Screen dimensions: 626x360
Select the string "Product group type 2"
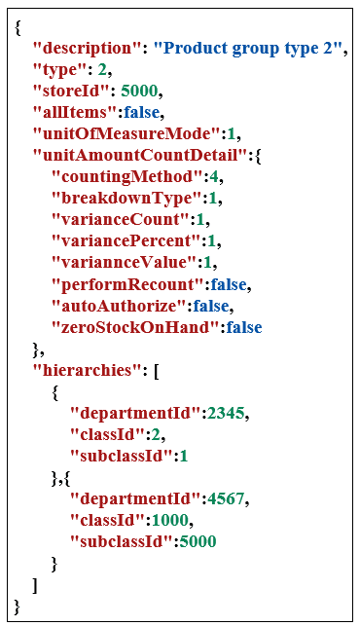[x=250, y=48]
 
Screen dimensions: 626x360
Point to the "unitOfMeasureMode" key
[x=114, y=133]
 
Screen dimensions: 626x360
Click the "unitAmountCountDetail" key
[x=131, y=155]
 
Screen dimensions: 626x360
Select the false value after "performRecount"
[x=232, y=284]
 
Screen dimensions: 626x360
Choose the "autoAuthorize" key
[x=117, y=306]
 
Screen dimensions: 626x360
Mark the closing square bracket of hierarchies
[x=37, y=585]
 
